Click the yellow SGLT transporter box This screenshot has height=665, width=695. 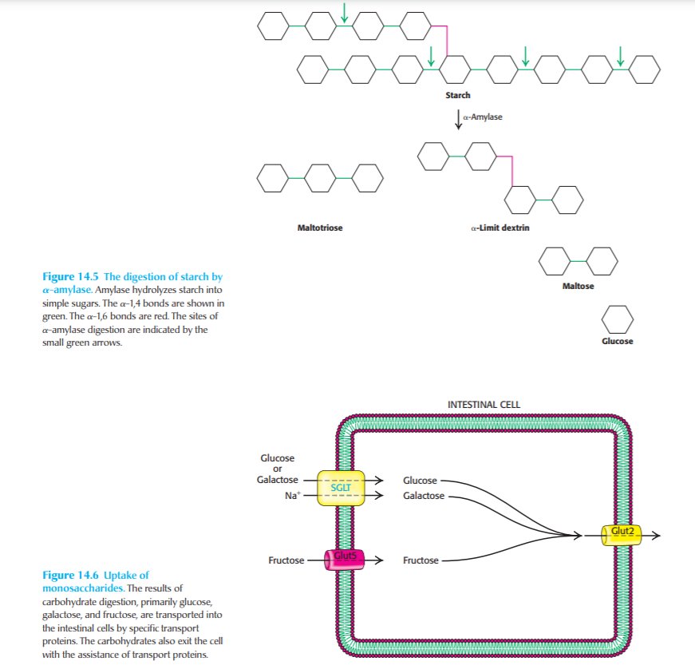click(x=341, y=487)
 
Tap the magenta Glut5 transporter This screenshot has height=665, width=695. click(x=342, y=559)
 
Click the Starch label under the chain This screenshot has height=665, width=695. click(x=458, y=95)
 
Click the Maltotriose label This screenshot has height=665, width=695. click(x=319, y=228)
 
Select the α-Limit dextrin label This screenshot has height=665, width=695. click(x=500, y=228)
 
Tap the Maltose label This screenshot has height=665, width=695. click(x=578, y=286)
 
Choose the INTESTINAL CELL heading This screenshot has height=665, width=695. click(x=484, y=405)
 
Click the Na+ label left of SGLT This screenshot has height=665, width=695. click(x=291, y=496)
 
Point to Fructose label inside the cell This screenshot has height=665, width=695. click(x=421, y=560)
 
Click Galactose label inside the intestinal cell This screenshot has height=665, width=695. click(x=424, y=496)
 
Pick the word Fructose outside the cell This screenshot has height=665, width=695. click(x=286, y=560)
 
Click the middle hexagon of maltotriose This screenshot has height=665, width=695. click(x=319, y=178)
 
